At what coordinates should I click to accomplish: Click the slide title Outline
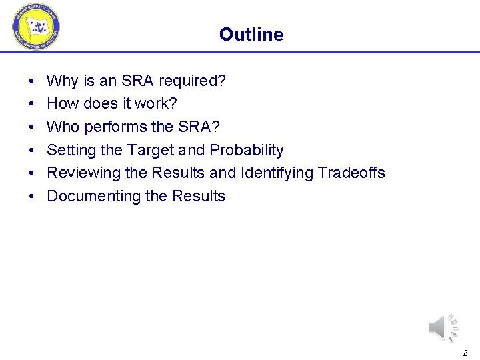pos(251,35)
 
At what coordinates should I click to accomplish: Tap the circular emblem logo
pos(35,27)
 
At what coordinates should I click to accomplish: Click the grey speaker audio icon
pos(442,327)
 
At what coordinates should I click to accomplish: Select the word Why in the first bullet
pos(63,81)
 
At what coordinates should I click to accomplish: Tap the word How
pos(63,104)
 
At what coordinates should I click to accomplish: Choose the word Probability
pos(247,150)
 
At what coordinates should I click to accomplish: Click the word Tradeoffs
pos(351,173)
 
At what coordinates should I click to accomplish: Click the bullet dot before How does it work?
pos(33,105)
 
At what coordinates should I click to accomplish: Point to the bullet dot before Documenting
pos(33,197)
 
